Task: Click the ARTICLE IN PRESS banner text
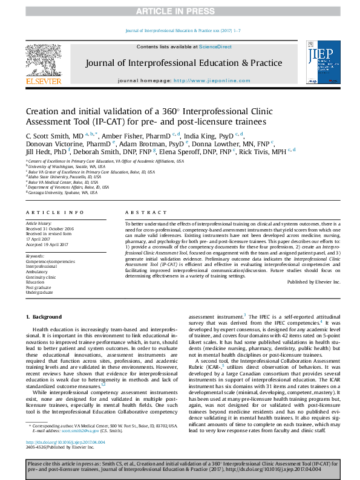click(x=179, y=11)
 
